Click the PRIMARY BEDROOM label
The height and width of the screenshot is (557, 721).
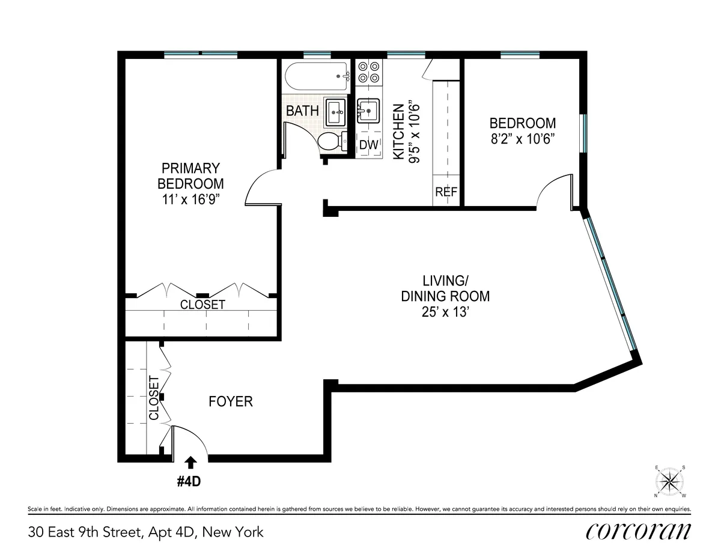[x=190, y=175]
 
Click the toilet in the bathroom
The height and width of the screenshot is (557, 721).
[x=330, y=142]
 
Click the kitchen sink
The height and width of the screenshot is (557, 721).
[x=368, y=111]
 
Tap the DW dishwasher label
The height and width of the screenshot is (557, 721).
[x=368, y=145]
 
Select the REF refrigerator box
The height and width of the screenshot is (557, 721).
[x=446, y=192]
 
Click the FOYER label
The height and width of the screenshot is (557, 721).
[x=231, y=401]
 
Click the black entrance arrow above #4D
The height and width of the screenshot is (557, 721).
[x=191, y=461]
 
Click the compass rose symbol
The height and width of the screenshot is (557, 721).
[x=670, y=481]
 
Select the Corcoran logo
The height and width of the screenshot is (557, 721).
[x=637, y=531]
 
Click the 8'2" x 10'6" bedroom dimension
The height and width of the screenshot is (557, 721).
[x=522, y=138]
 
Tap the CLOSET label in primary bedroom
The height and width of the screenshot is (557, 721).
[x=202, y=305]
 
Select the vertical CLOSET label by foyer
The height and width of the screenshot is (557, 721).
[x=154, y=398]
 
